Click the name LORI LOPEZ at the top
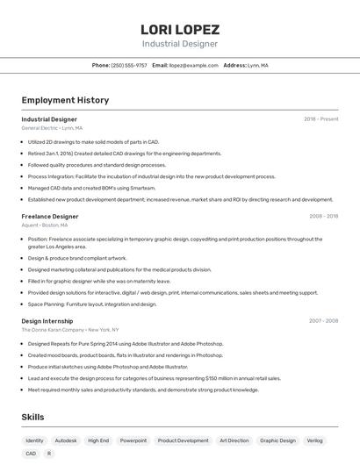[x=180, y=29]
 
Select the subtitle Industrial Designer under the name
[x=180, y=43]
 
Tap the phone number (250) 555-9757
[x=129, y=65]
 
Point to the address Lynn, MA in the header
[x=258, y=65]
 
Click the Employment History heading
[x=65, y=100]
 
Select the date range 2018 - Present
[x=320, y=118]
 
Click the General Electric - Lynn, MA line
[x=52, y=128]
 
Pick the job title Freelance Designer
[x=50, y=216]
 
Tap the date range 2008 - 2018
[x=323, y=216]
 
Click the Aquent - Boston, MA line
[x=47, y=225]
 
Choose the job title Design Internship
[x=47, y=321]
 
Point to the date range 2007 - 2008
[x=323, y=321]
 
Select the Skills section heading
[x=32, y=417]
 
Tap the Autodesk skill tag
[x=66, y=440]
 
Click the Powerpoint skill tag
[x=133, y=440]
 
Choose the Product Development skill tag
[x=183, y=440]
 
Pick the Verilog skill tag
[x=314, y=440]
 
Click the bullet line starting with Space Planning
[x=92, y=304]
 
